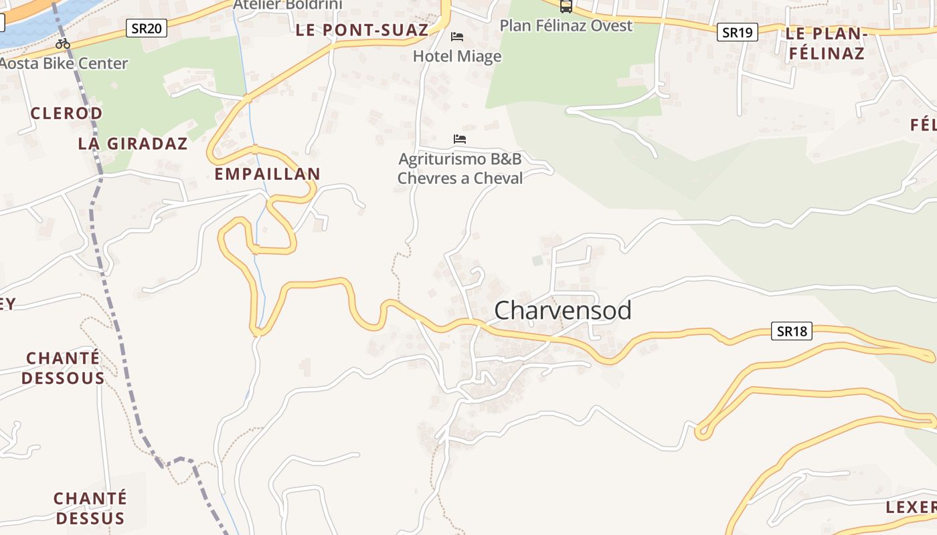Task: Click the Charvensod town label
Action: click(x=562, y=310)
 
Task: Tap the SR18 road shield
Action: click(x=791, y=330)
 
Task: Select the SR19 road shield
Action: click(x=737, y=32)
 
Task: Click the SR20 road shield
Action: click(x=146, y=28)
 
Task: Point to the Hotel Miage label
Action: click(x=457, y=56)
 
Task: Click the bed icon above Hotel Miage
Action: click(x=457, y=36)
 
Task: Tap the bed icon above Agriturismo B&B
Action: click(x=460, y=139)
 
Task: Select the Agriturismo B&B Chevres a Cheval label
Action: click(x=460, y=169)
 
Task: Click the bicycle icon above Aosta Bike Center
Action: click(x=63, y=44)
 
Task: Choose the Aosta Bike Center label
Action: click(x=64, y=64)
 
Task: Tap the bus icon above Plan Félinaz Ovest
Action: click(x=566, y=7)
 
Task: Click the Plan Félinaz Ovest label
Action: click(x=566, y=26)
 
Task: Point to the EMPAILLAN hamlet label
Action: click(x=267, y=174)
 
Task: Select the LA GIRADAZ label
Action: click(x=133, y=143)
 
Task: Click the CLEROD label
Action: click(x=66, y=113)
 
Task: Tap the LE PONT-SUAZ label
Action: click(x=362, y=30)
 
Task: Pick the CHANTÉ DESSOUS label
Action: click(x=63, y=368)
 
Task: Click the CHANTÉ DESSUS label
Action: click(x=90, y=508)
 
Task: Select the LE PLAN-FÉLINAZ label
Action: click(x=827, y=43)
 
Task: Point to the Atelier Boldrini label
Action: click(x=287, y=5)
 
